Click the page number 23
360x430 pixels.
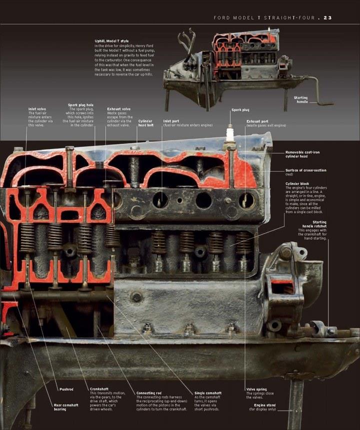click(327, 18)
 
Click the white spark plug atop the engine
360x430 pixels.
click(230, 133)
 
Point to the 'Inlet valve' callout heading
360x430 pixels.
click(37, 109)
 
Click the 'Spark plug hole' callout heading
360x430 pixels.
click(80, 105)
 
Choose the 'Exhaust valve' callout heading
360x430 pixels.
click(119, 109)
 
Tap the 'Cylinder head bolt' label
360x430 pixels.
click(145, 123)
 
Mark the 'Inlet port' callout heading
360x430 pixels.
click(170, 121)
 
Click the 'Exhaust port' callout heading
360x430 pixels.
click(257, 121)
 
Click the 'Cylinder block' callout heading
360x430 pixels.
click(297, 184)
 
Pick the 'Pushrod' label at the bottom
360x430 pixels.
click(66, 389)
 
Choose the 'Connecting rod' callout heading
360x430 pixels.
click(148, 393)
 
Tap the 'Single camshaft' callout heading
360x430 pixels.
click(207, 393)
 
